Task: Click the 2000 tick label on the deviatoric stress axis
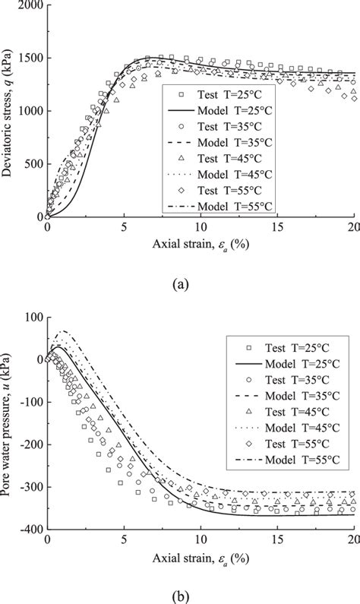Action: (29, 6)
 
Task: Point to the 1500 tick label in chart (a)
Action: (29, 59)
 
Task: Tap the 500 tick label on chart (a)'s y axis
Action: (32, 164)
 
